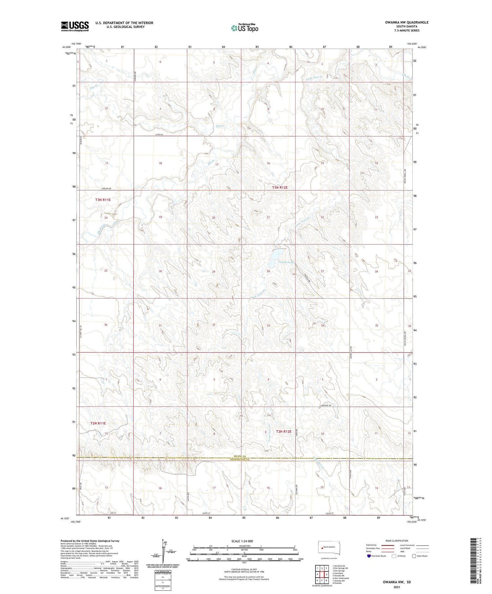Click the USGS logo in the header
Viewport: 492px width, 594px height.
[75, 26]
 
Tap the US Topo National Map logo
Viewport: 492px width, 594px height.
[244, 28]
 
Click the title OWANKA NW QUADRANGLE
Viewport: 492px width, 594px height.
[407, 22]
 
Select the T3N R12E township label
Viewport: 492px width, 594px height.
[280, 187]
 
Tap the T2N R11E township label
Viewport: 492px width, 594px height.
[98, 423]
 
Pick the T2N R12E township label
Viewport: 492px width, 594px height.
[284, 431]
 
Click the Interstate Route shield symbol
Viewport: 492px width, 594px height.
[369, 556]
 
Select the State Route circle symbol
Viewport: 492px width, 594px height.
[414, 556]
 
